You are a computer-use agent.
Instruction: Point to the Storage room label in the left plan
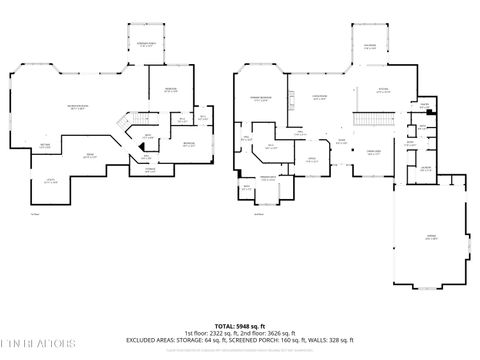tap(151, 170)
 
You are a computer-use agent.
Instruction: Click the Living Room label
tap(321, 98)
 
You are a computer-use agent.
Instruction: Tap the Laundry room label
tap(426, 169)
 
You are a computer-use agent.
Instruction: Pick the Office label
tap(311, 159)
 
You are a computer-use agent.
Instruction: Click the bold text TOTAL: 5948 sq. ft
tap(239, 327)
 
